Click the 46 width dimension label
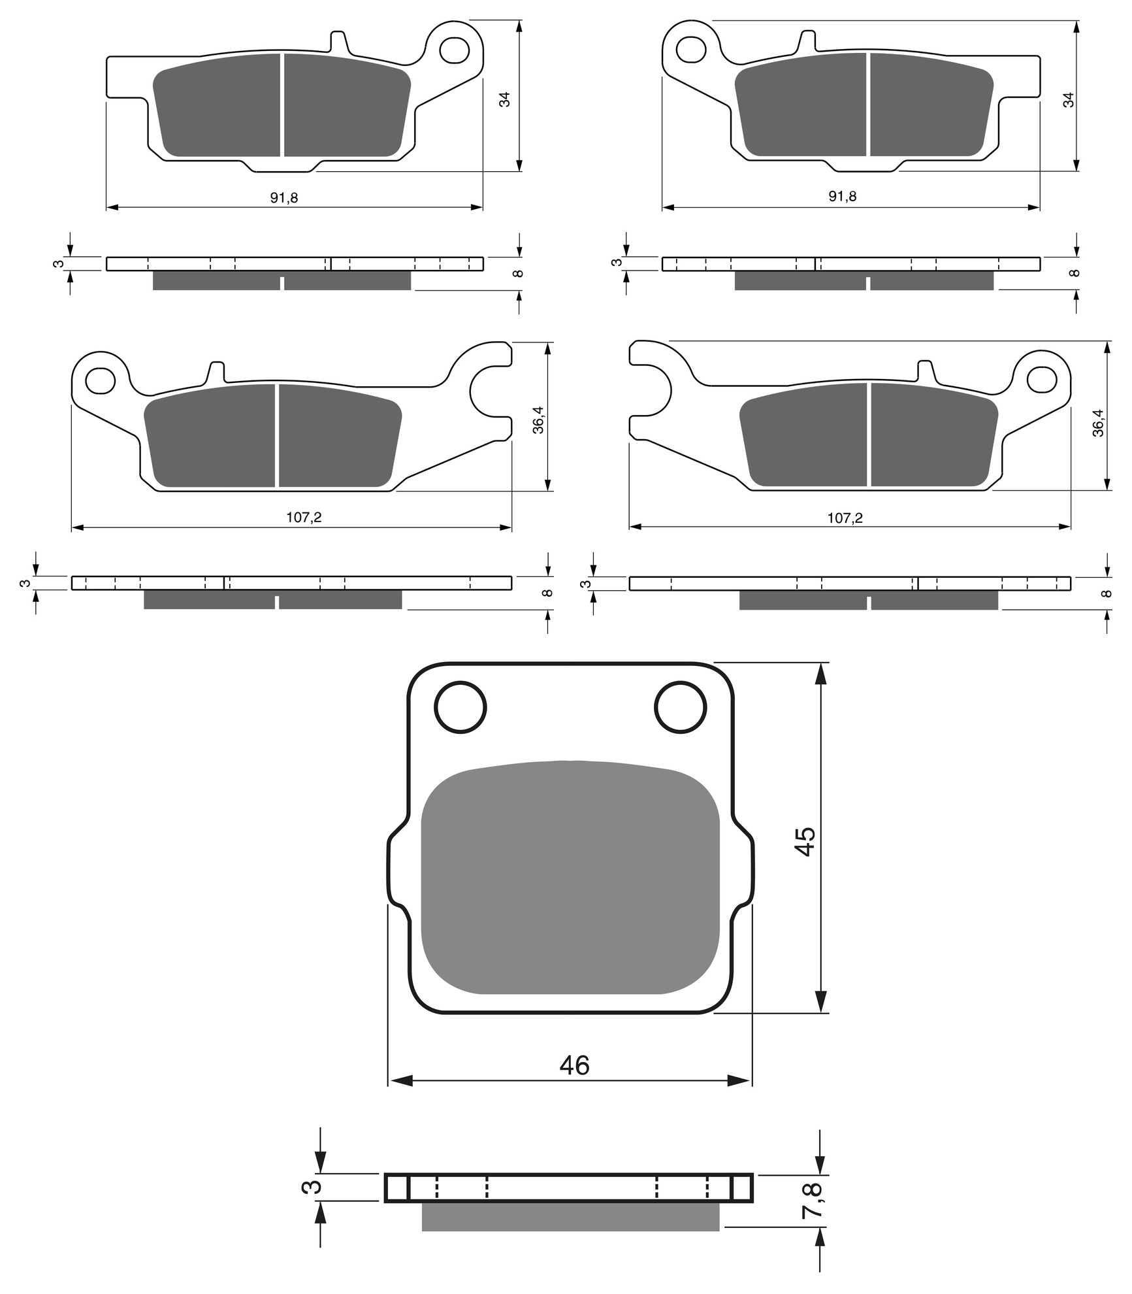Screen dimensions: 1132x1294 pos(574,1065)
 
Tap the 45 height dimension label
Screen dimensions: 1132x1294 pos(805,841)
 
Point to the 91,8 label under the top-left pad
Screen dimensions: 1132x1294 pos(284,197)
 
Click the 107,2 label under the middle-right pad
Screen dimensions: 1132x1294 pos(845,518)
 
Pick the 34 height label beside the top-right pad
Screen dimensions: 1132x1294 pos(1069,100)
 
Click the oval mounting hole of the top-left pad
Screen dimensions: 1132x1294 pos(455,50)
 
